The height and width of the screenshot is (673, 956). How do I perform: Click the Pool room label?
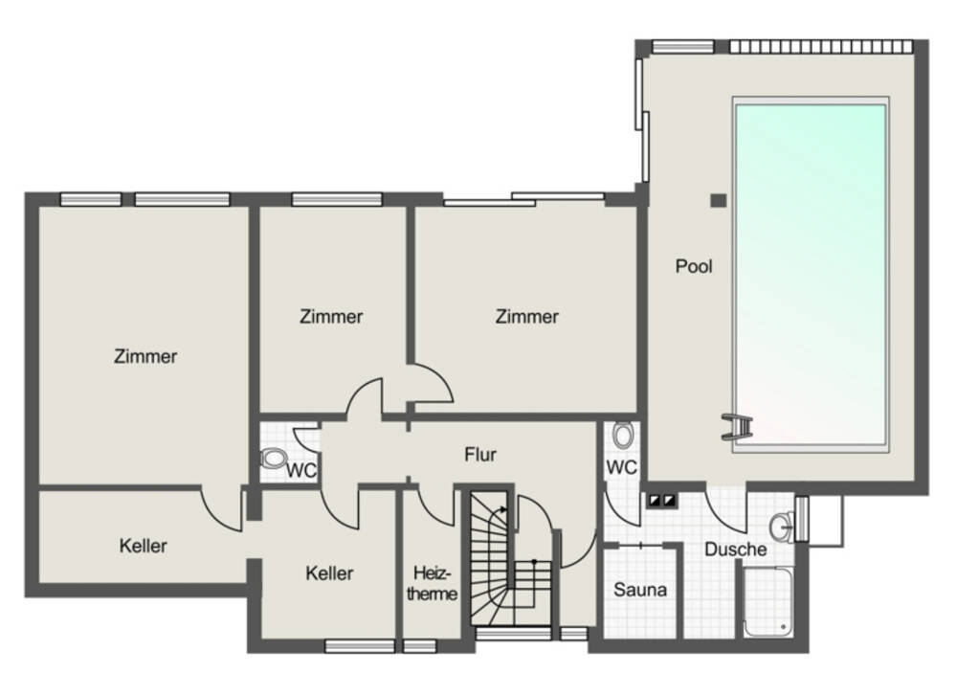coord(694,267)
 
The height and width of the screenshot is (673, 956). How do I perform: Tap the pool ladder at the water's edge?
coord(738,426)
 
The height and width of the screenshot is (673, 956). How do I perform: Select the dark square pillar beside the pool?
coord(719,200)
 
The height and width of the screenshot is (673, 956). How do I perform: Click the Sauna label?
coord(639,590)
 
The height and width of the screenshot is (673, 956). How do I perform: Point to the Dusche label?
coord(735,550)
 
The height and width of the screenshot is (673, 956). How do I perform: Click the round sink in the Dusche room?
coord(781,527)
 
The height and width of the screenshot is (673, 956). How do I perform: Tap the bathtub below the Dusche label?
coord(768,601)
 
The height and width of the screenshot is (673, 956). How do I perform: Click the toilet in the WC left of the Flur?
coord(273,458)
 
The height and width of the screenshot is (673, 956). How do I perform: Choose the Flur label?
coord(480,455)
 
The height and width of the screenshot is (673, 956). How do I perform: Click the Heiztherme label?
coord(432,583)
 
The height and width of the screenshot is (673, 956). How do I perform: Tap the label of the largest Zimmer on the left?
coord(145,356)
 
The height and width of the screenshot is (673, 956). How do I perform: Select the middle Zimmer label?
coord(331,317)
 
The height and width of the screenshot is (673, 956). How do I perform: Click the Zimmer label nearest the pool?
coord(526,317)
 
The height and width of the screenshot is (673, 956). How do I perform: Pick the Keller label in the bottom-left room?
coord(144,546)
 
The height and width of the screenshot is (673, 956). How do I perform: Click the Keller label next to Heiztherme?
coord(329,573)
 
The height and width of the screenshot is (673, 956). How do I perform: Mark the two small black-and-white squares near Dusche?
coord(661,501)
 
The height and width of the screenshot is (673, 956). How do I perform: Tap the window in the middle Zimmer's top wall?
coord(337,199)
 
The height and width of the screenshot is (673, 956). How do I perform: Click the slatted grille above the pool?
coord(821,47)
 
